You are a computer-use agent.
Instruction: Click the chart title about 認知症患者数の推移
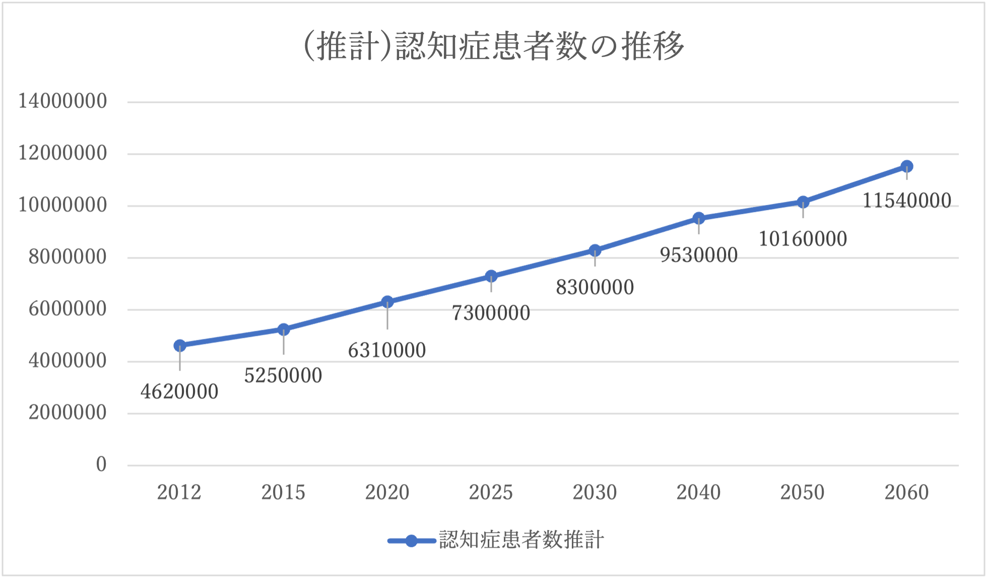pos(494,46)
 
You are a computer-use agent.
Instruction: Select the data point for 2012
pos(180,345)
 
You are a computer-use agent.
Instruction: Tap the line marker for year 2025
pos(491,276)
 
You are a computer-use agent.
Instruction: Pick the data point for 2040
pos(699,218)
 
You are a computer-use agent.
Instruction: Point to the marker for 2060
pos(907,166)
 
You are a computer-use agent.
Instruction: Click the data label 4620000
pos(179,392)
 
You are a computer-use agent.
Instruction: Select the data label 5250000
pos(283,376)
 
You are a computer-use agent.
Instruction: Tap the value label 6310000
pos(387,350)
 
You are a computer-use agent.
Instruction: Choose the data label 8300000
pos(595,287)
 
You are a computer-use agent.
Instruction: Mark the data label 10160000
pos(803,239)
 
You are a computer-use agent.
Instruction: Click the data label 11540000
pos(907,201)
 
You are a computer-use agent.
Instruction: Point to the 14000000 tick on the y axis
pos(62,101)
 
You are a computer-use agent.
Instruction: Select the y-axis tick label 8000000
pos(68,257)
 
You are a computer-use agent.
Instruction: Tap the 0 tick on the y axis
pos(101,464)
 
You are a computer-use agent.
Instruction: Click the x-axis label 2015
pos(283,492)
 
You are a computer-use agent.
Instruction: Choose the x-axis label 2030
pos(595,492)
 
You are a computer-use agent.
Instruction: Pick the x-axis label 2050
pos(803,492)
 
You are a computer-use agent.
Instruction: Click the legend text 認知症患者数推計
pos(521,540)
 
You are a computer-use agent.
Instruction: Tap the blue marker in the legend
pos(412,541)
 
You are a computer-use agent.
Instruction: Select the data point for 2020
pos(387,302)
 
